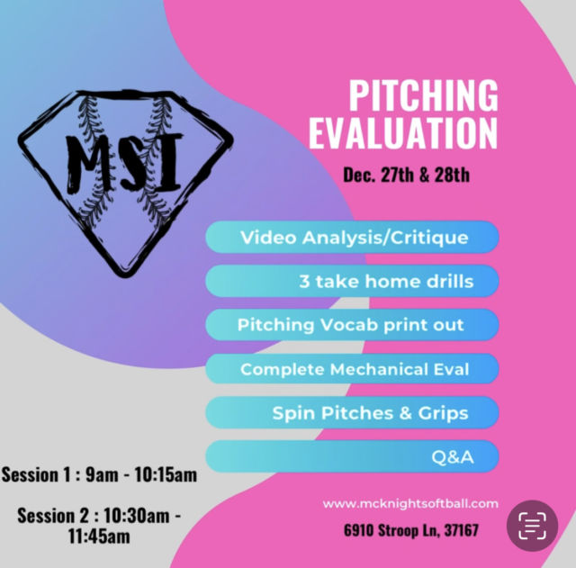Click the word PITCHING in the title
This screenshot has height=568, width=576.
tap(423, 95)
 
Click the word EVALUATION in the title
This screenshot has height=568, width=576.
tap(403, 132)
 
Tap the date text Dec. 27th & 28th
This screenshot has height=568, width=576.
tap(406, 175)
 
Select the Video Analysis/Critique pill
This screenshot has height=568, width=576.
tap(352, 238)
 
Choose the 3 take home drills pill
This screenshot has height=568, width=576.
tap(352, 281)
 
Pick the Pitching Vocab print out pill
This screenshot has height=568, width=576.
tap(352, 325)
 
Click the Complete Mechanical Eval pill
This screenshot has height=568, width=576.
tap(352, 369)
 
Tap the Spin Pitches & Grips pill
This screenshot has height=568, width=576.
tap(352, 412)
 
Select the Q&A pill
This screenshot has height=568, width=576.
tap(352, 456)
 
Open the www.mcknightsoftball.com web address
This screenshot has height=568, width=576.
tap(410, 503)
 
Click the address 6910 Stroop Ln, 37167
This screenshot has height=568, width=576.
tap(411, 530)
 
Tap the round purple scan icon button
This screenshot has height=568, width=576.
tap(532, 526)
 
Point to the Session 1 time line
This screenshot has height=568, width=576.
tap(99, 474)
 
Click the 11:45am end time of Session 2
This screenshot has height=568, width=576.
tap(99, 536)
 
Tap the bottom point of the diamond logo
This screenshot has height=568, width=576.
tap(125, 275)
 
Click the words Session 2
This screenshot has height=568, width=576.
tap(53, 516)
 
